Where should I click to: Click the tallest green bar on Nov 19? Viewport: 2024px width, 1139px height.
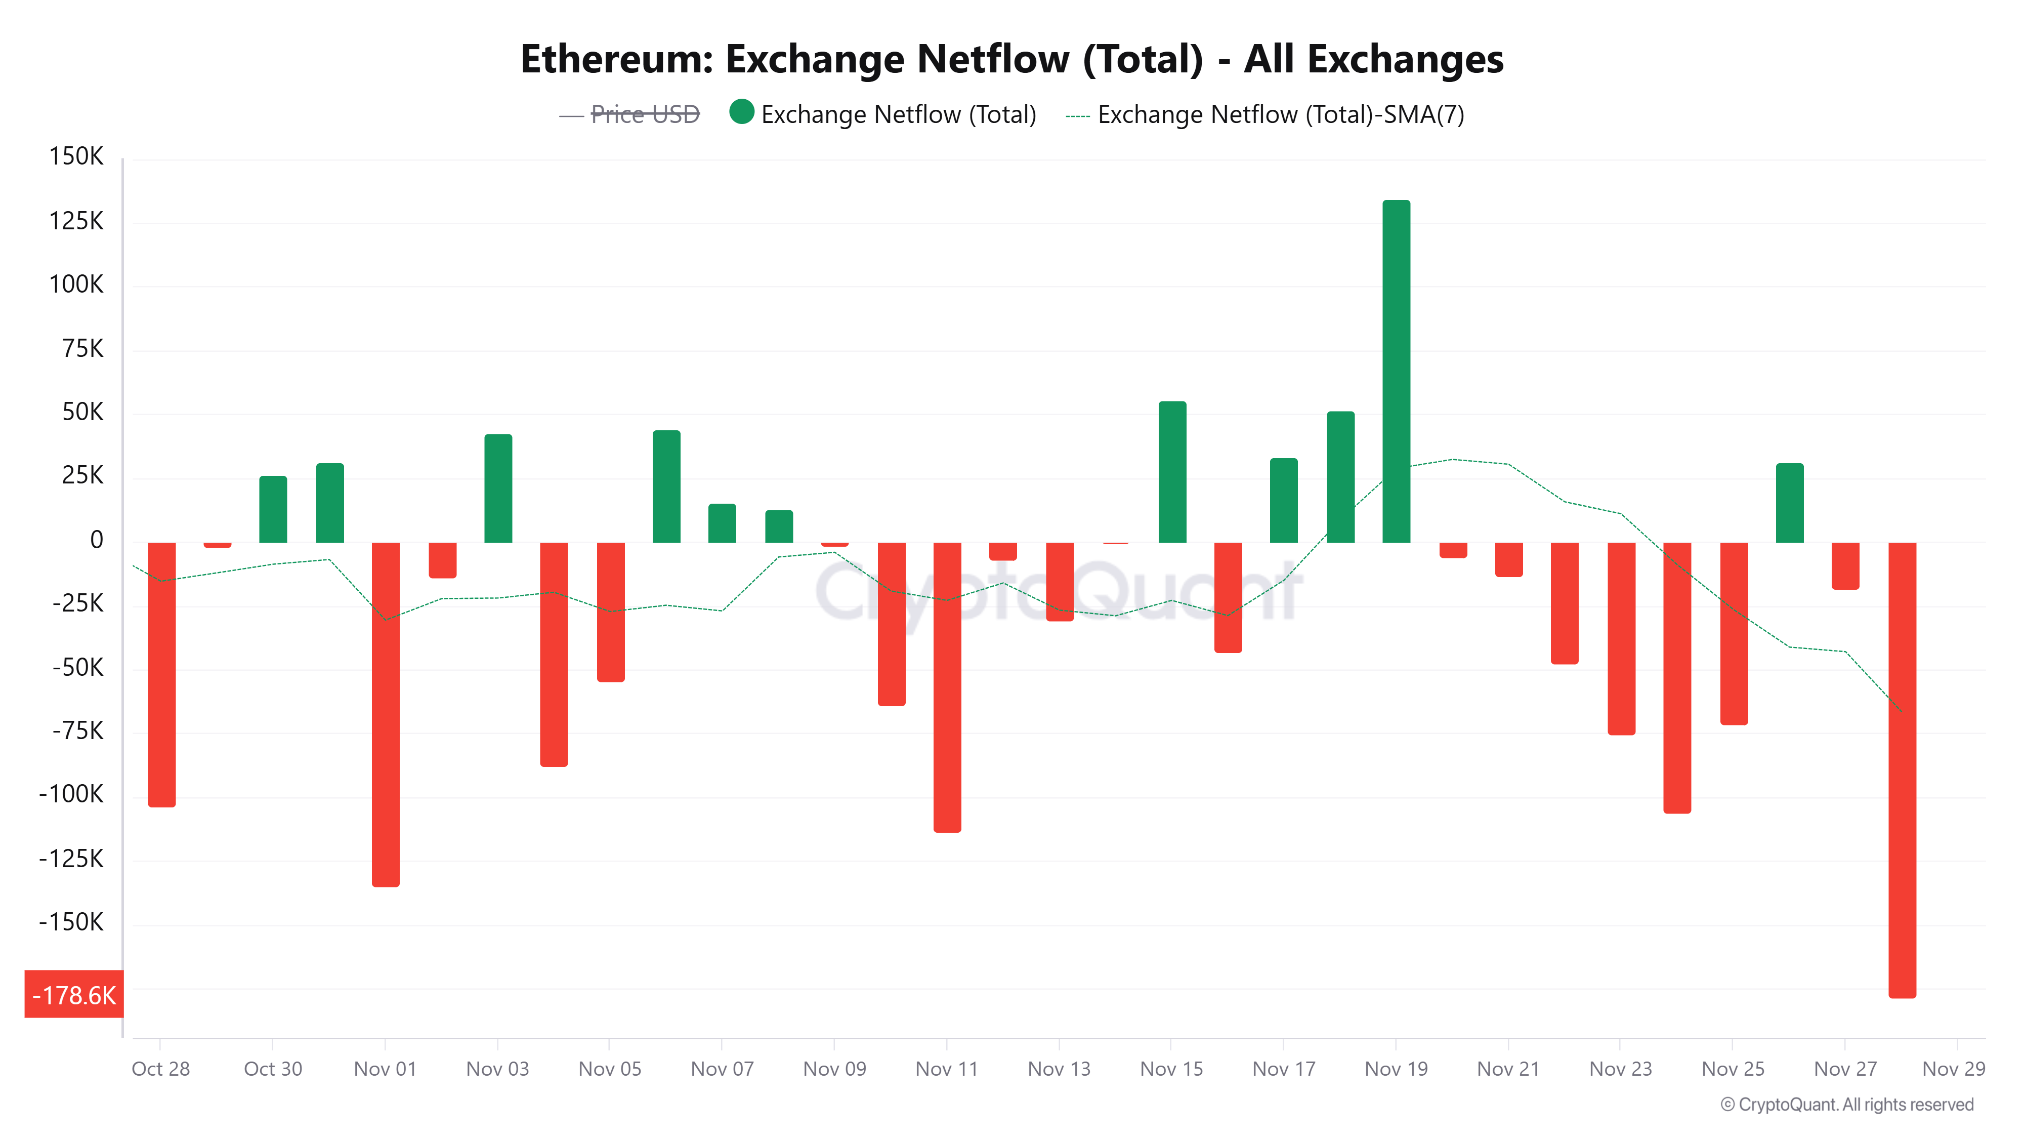1396,371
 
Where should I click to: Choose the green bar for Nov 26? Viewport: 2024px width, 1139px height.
1789,503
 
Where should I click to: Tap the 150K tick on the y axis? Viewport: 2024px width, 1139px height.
76,156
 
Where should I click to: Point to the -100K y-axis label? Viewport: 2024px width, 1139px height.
71,794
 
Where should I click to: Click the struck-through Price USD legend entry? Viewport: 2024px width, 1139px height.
644,115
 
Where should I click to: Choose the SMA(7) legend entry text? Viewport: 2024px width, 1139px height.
1280,115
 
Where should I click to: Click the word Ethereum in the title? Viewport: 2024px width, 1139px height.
616,59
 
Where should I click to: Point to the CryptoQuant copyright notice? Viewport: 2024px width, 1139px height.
1846,1105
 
